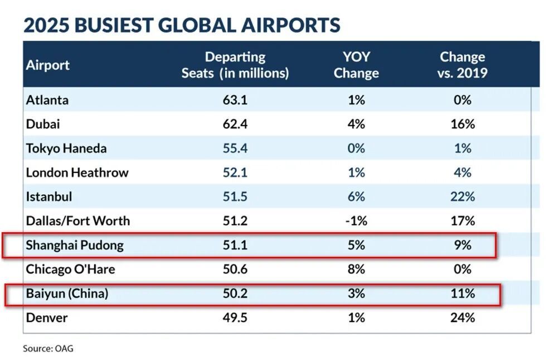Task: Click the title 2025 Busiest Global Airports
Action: click(x=181, y=25)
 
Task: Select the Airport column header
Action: click(x=48, y=65)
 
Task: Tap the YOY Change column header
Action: click(x=356, y=65)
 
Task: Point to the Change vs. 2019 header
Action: click(x=462, y=65)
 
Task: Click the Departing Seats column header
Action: click(x=235, y=65)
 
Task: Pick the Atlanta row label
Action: click(x=47, y=100)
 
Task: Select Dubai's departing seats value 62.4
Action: click(x=235, y=124)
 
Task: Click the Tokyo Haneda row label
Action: click(x=66, y=148)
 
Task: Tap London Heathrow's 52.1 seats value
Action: click(x=235, y=172)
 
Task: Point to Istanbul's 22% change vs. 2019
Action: click(x=463, y=196)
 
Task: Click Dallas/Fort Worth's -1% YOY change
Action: click(x=356, y=220)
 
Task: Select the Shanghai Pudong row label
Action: click(x=75, y=245)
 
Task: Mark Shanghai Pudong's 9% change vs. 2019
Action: click(x=463, y=245)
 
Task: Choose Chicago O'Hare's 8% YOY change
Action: click(x=356, y=269)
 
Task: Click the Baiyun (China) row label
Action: click(x=67, y=294)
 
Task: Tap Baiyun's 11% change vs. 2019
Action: click(x=463, y=294)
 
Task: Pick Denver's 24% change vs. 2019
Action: click(x=463, y=318)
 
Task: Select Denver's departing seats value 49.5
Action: click(x=235, y=318)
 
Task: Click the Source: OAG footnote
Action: click(x=48, y=348)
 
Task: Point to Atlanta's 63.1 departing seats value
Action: click(x=235, y=100)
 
